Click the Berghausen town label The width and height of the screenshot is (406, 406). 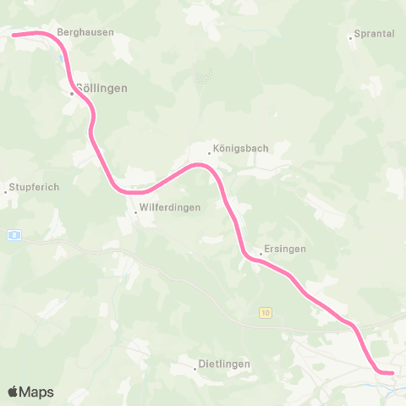(85, 32)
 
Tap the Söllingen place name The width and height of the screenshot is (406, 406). (101, 88)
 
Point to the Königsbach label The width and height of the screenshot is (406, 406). (241, 147)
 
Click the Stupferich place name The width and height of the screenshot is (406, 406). (34, 187)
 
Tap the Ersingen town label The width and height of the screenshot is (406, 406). (285, 249)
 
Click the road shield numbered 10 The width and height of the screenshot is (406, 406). (266, 313)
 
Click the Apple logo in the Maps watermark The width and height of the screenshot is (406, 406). (13, 392)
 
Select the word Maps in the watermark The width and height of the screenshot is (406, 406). (37, 392)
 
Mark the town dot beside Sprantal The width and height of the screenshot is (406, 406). (351, 37)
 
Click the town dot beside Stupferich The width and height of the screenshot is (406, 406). (5, 192)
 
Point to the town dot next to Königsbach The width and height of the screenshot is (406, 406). (210, 153)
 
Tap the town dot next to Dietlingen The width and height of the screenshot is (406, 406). (195, 369)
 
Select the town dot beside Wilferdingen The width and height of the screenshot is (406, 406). (134, 211)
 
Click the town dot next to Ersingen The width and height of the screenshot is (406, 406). (261, 254)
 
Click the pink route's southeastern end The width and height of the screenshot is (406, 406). (391, 371)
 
